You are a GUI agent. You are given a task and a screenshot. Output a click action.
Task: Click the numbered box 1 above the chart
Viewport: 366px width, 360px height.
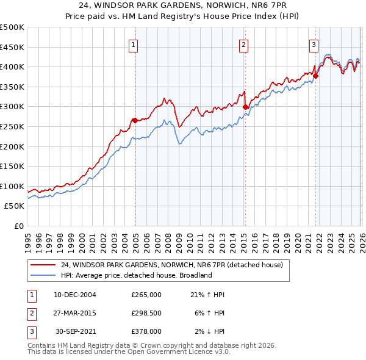click(133, 44)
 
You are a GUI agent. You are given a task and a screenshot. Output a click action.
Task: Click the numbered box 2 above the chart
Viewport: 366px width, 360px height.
click(243, 44)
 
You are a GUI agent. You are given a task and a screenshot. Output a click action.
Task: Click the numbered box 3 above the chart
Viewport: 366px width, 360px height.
click(314, 44)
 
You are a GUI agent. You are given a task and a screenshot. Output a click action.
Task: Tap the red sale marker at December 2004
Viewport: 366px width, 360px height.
click(134, 120)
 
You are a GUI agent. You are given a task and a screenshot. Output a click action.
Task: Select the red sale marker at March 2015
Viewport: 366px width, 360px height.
click(245, 107)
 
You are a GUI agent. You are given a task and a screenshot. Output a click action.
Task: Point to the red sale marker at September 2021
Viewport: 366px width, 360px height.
click(315, 76)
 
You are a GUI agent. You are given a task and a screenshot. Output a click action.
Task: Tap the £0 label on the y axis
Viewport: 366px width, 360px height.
click(18, 226)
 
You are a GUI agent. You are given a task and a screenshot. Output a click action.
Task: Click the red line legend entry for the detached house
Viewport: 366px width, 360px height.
click(171, 265)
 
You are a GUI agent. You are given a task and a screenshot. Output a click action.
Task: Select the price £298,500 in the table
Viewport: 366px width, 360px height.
click(146, 313)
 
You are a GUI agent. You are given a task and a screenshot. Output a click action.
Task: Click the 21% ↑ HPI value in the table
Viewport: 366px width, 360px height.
click(207, 295)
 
